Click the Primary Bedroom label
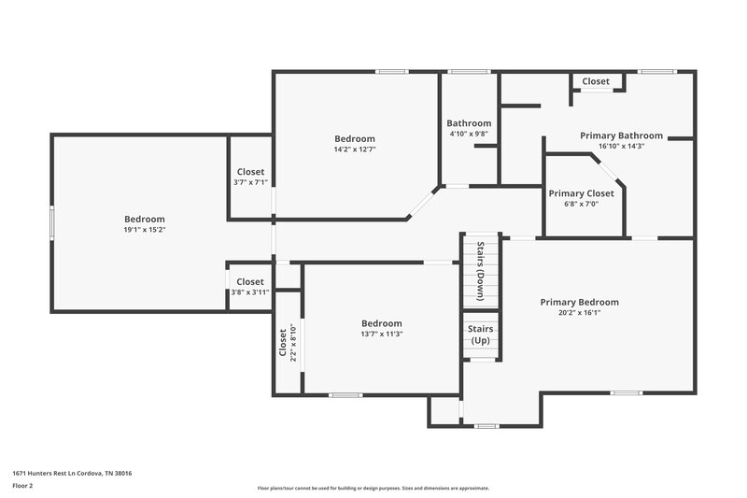pos(579,302)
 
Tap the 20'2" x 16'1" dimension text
pos(579,313)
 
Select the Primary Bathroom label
pos(621,135)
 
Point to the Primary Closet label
pos(581,193)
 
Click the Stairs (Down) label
pos(481,271)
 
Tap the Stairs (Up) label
pos(480,334)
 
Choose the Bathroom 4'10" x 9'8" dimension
pos(469,134)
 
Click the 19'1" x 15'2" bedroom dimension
pos(145,229)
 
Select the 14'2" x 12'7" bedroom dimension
pos(355,149)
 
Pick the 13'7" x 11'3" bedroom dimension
pos(382,334)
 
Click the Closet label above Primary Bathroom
pos(596,81)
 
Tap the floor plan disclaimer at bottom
pos(373,488)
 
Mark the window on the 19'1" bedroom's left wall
pos(51,223)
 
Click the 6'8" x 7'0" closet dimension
pos(580,204)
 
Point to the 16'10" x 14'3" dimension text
pos(621,146)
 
